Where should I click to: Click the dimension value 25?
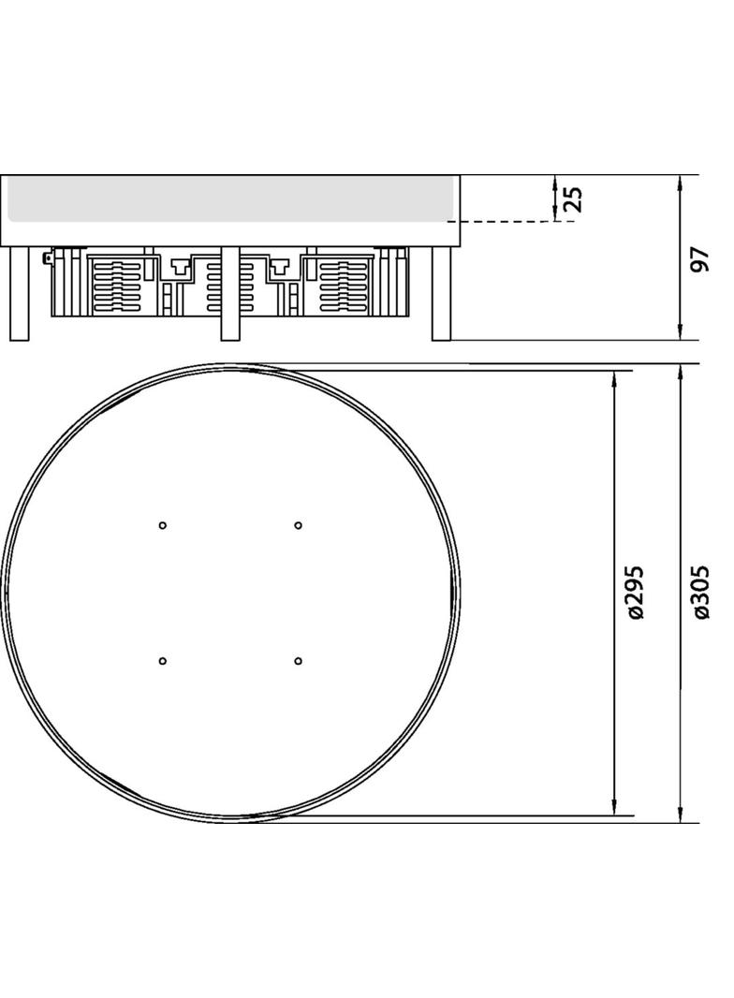(573, 198)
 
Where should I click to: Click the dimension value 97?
(697, 259)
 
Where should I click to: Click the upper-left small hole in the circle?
(162, 525)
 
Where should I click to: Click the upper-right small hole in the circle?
(298, 525)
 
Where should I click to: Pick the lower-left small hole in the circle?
(162, 661)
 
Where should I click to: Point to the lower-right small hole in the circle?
(298, 661)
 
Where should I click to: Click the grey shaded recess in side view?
(230, 198)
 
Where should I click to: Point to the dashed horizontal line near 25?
(506, 222)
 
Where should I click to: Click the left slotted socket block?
(117, 286)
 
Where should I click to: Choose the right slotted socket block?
(343, 286)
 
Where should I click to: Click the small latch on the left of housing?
(46, 256)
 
